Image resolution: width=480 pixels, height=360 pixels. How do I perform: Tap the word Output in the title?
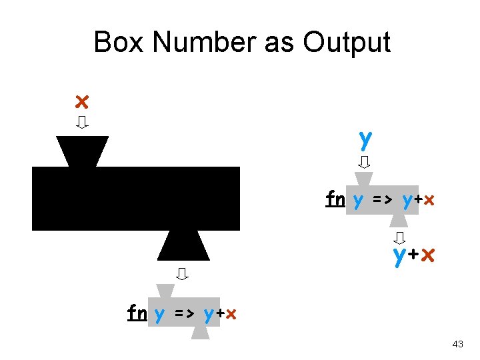[x=347, y=43]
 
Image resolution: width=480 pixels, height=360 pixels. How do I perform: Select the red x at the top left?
[x=81, y=101]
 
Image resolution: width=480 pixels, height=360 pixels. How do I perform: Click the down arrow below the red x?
[x=83, y=123]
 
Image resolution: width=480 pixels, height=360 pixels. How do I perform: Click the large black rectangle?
[x=136, y=199]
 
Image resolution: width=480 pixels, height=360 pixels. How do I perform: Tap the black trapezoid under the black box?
[x=183, y=246]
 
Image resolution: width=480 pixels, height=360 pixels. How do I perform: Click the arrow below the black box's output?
[x=182, y=273]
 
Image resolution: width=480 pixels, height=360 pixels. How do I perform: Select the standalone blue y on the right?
[x=365, y=139]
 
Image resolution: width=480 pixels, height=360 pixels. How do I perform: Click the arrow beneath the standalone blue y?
[x=365, y=162]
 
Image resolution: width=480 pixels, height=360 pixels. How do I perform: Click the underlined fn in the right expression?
[x=335, y=199]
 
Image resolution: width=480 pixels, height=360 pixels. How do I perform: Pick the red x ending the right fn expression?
[x=429, y=200]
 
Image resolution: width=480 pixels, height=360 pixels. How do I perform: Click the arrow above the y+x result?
[x=400, y=237]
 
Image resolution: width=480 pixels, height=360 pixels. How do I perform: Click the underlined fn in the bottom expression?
[x=137, y=312]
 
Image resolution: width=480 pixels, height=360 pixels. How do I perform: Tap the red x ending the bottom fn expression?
[x=231, y=313]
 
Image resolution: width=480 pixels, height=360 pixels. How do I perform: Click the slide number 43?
[x=457, y=344]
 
